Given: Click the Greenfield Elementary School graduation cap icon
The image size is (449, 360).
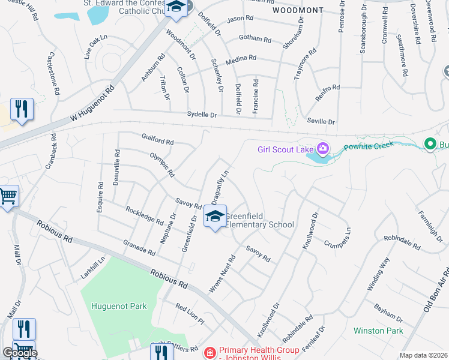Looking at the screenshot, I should [214, 217].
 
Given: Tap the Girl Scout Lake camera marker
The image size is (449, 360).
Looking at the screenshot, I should [323, 148].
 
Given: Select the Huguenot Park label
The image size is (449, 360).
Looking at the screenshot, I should [119, 306].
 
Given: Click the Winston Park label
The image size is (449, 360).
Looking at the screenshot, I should [378, 331].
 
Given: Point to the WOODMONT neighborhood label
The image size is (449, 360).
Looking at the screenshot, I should [297, 10].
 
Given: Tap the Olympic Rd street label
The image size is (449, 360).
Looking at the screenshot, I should [162, 165].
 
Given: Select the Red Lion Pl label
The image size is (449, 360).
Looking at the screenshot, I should [190, 314].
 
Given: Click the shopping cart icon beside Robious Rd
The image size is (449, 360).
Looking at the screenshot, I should [8, 195].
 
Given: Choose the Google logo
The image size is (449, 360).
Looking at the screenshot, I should [20, 353].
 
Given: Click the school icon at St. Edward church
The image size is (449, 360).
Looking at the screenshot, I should [176, 7].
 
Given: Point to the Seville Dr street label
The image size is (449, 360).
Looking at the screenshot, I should [321, 121].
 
